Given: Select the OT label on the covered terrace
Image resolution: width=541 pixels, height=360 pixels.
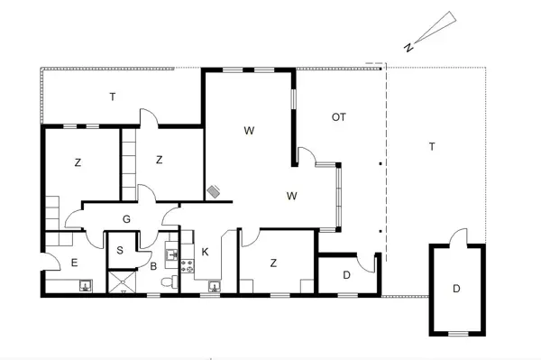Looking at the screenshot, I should coord(339,117).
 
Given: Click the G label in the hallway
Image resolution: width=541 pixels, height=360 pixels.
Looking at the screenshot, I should coord(127,220).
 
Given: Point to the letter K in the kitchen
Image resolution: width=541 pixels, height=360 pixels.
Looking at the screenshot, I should coord(206,251).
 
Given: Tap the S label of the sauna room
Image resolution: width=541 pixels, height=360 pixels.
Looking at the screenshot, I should coord(120,251).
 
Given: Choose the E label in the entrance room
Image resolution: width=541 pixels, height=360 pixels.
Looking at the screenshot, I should coord(75,263).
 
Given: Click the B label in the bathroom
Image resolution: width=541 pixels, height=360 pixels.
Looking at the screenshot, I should coord(154,266).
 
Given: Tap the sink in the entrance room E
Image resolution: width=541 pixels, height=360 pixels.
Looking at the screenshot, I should coord(86,287).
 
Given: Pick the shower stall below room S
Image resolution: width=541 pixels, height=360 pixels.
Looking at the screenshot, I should coord(120,282).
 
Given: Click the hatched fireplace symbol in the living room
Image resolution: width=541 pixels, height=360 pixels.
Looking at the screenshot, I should coord(215,191).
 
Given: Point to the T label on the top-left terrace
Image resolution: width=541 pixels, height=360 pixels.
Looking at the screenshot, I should coord(112,97).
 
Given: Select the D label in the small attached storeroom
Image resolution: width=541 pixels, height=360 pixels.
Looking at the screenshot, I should coord(346,274).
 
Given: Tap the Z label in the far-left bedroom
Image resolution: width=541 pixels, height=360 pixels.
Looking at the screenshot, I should coord(78,162).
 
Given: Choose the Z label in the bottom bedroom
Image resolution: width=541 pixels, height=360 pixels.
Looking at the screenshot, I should coord(272,263).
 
